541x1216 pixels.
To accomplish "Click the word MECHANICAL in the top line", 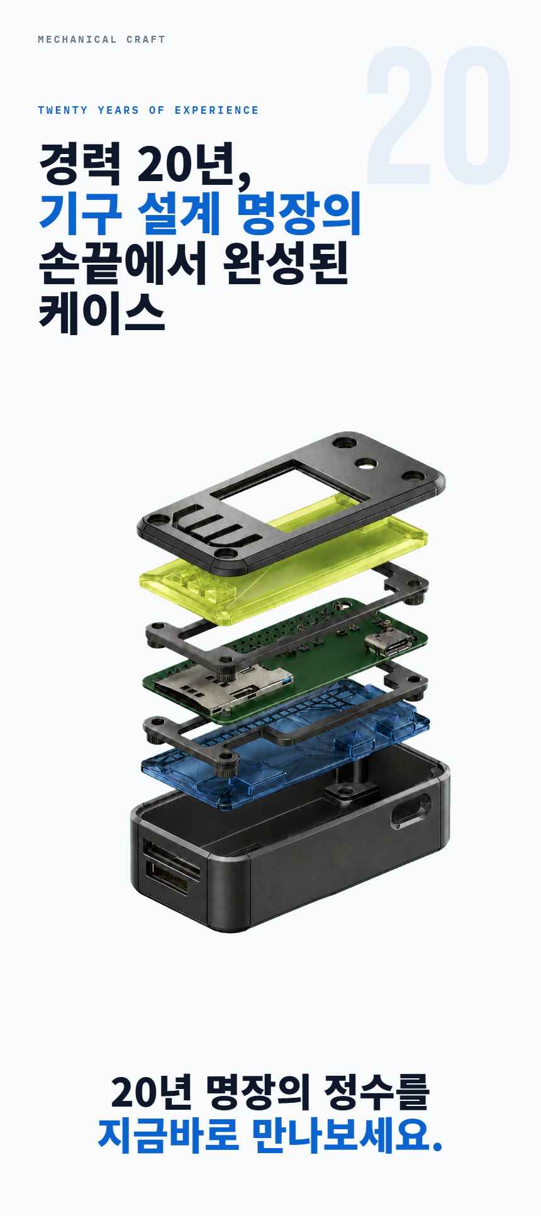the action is (x=77, y=40).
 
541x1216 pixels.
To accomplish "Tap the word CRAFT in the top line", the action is (x=146, y=40).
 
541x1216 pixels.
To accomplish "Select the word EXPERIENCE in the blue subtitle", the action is (x=217, y=111).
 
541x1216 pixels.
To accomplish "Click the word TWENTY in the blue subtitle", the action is (x=63, y=111).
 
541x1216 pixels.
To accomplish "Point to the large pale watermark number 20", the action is (x=438, y=116).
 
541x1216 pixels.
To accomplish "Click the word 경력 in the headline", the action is (x=80, y=163).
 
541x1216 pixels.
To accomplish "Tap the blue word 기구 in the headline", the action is (x=80, y=213).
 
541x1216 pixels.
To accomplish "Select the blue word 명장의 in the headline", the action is (x=299, y=213).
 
